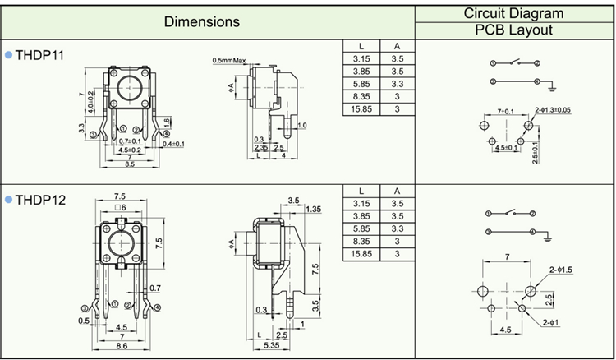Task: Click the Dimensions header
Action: point(202,21)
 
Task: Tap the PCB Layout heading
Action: point(513,30)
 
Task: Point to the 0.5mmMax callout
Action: point(229,61)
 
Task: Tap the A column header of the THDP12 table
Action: point(397,192)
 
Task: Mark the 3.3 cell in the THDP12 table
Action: point(397,228)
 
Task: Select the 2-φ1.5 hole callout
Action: point(560,270)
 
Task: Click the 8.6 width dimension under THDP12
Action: point(122,348)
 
